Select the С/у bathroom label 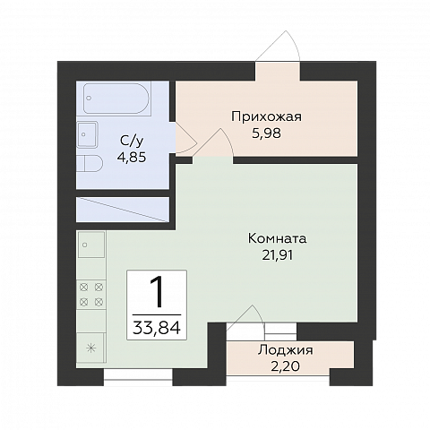click(x=133, y=141)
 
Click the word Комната click(x=279, y=239)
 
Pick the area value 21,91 click(x=279, y=255)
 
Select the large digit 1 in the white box click(x=158, y=292)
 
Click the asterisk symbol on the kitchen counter click(x=90, y=346)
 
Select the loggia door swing click(x=245, y=314)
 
